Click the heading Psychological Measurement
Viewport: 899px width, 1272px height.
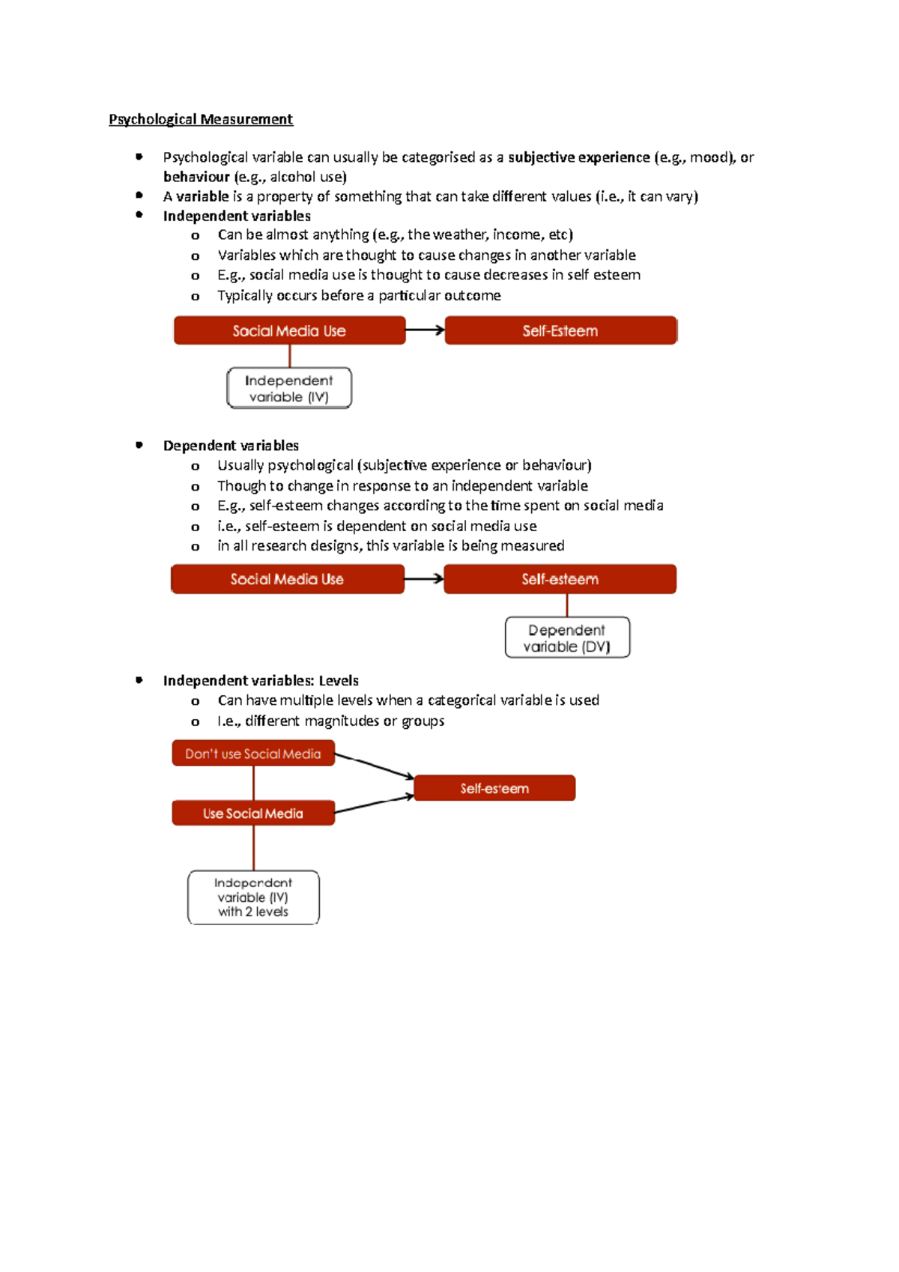pyautogui.click(x=201, y=119)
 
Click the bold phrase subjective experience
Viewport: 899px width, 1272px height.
pyautogui.click(x=578, y=157)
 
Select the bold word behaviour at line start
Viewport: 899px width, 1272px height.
pyautogui.click(x=196, y=177)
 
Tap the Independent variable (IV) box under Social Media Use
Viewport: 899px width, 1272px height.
pyautogui.click(x=289, y=388)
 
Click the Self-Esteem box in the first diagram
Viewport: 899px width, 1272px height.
pyautogui.click(x=560, y=330)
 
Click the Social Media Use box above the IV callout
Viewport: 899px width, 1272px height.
pyautogui.click(x=289, y=330)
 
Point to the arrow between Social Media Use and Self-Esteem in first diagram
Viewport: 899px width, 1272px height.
pyautogui.click(x=425, y=330)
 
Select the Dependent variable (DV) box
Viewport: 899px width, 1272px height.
pyautogui.click(x=567, y=637)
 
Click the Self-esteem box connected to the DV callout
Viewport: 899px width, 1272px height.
pyautogui.click(x=560, y=579)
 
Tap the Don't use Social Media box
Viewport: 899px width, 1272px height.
pyautogui.click(x=253, y=754)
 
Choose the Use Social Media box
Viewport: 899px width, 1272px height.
pyautogui.click(x=253, y=814)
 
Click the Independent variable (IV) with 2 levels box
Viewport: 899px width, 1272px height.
pyautogui.click(x=253, y=897)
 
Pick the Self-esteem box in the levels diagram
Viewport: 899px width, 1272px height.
pyautogui.click(x=494, y=788)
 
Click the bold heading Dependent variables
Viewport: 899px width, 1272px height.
pyautogui.click(x=231, y=446)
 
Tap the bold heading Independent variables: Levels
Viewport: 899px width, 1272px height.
pyautogui.click(x=261, y=681)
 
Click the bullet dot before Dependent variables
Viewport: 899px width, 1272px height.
pyautogui.click(x=139, y=445)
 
